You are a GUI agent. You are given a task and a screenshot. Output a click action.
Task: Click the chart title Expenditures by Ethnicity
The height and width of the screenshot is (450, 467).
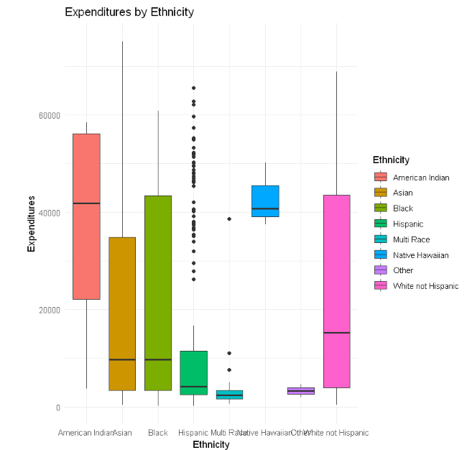tap(129, 12)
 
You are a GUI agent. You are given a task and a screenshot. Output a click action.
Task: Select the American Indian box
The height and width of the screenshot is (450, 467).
tap(86, 216)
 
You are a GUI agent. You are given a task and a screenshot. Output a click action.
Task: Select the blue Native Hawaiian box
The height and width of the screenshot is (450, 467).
tap(265, 201)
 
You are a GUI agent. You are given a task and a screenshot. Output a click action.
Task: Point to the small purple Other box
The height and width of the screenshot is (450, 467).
tap(301, 390)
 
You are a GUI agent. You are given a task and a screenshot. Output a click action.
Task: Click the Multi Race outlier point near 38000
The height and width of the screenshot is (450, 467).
tap(229, 219)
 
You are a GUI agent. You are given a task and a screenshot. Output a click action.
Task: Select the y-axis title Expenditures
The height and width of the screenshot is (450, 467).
tap(32, 223)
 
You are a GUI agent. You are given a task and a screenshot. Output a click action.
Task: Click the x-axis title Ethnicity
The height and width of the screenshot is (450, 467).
tap(211, 445)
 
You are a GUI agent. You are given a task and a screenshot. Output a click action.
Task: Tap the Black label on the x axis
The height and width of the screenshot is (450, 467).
tap(158, 433)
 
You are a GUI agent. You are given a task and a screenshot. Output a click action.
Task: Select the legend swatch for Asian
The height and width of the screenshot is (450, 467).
tap(380, 193)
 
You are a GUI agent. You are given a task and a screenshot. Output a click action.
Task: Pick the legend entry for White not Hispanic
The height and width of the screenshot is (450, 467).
tap(425, 286)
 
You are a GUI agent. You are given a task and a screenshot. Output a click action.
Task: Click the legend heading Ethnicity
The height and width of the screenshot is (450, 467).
tap(391, 160)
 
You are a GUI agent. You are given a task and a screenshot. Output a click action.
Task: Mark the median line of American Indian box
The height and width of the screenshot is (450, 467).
tap(86, 203)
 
